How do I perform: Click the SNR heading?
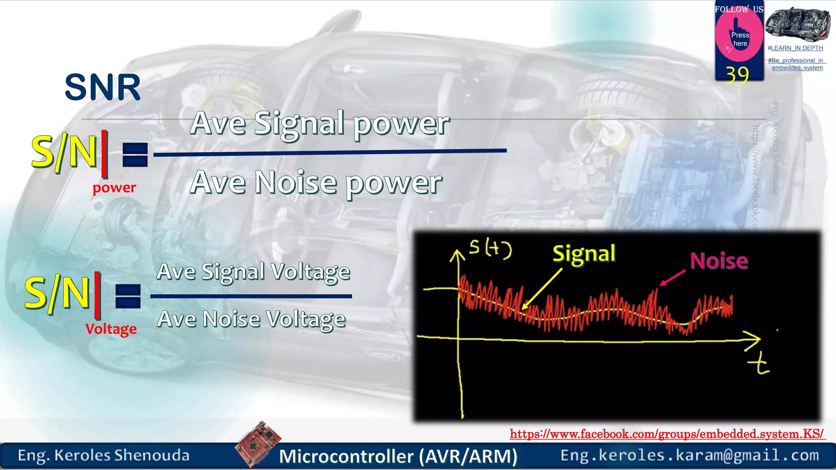[x=102, y=87]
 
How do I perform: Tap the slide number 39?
[x=737, y=75]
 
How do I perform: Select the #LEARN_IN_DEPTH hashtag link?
[x=795, y=48]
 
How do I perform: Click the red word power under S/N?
[x=114, y=188]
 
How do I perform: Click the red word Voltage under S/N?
[x=111, y=329]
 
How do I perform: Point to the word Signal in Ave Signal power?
[x=299, y=123]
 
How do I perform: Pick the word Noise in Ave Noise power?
[x=296, y=182]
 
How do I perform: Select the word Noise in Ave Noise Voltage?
[x=231, y=319]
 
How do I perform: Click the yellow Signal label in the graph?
[x=584, y=254]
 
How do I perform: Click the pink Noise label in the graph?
[x=719, y=261]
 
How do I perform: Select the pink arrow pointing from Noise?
[x=672, y=277]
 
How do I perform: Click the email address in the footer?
[x=689, y=455]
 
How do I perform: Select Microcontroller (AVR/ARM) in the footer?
[x=398, y=456]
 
